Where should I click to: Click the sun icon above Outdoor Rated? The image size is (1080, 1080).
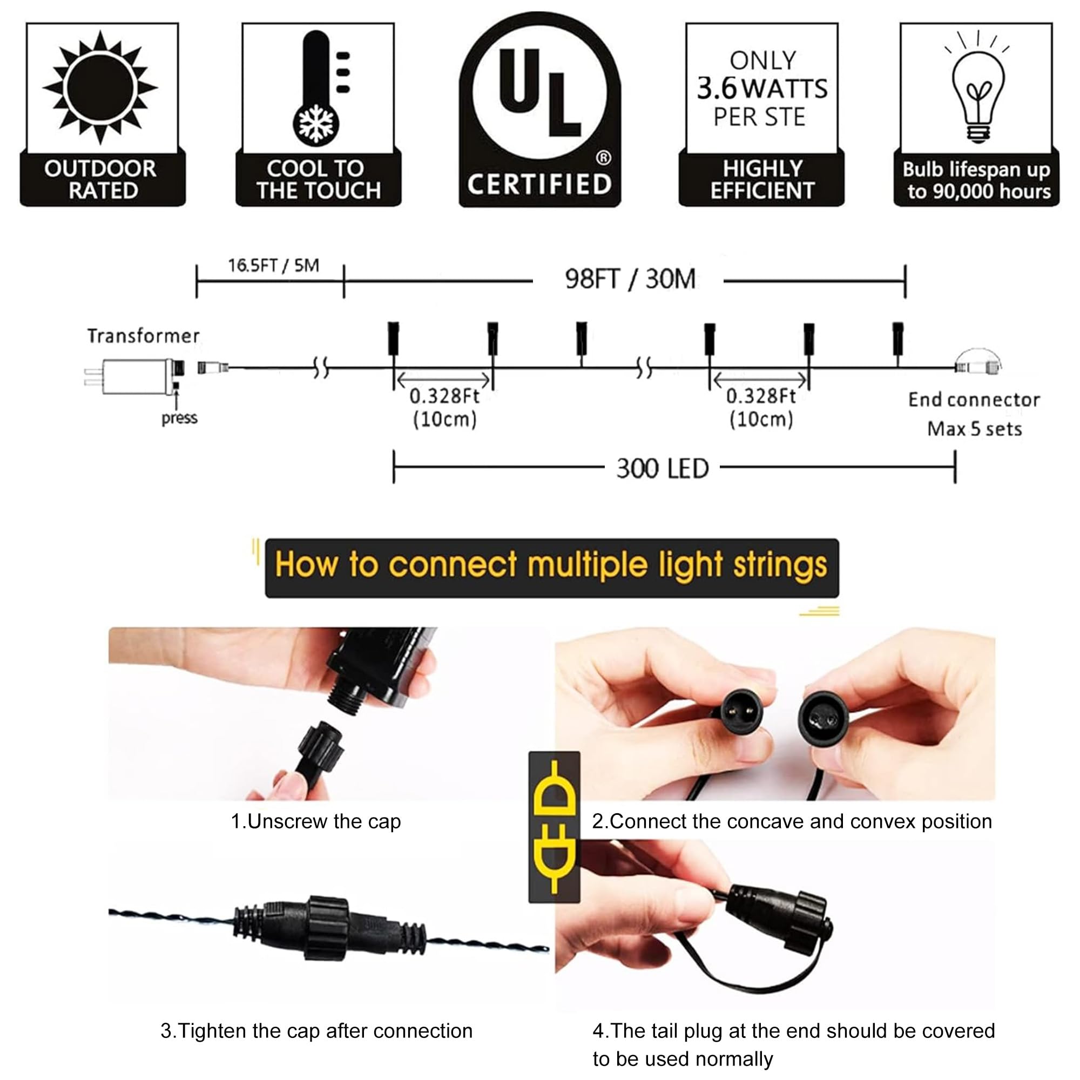(x=100, y=88)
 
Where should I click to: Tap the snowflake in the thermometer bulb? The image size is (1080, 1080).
(x=316, y=123)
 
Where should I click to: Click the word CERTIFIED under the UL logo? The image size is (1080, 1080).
(x=539, y=184)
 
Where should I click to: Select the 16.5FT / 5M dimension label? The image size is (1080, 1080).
(x=273, y=265)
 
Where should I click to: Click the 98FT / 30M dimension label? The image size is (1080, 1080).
(x=630, y=279)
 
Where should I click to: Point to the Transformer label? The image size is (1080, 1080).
(x=143, y=335)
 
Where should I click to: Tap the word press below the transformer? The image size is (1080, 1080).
(x=179, y=418)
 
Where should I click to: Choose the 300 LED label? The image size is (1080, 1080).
(x=663, y=468)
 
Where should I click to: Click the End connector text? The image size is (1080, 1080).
(x=974, y=400)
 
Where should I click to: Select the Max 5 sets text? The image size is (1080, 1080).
(x=974, y=429)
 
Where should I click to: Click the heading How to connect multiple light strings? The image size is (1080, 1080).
(x=551, y=565)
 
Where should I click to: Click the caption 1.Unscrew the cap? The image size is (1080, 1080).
(x=316, y=821)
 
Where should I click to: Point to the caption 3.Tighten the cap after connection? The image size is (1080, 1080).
(x=316, y=1030)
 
